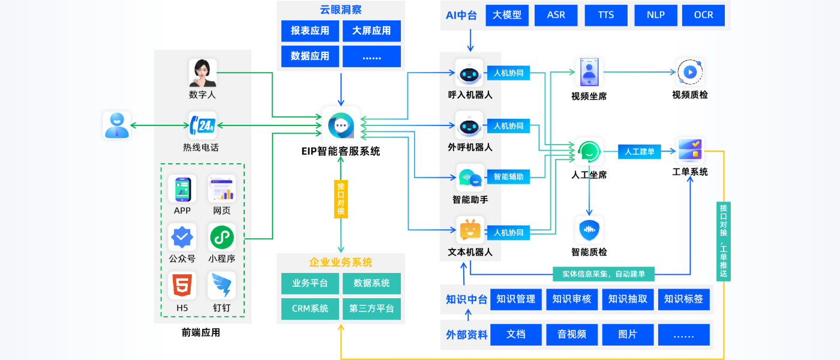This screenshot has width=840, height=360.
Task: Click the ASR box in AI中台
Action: point(556,16)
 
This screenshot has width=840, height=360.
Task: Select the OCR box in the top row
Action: point(703,16)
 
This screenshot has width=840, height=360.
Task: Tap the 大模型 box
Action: point(507,16)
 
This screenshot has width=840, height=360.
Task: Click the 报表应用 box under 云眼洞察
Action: point(310,31)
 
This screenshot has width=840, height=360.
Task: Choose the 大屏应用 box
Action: point(371,31)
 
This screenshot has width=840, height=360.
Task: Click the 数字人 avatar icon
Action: point(202,73)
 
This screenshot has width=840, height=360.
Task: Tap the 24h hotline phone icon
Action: point(202,126)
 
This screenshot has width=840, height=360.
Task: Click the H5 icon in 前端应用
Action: point(182,286)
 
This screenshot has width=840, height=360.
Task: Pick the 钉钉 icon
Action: point(221,286)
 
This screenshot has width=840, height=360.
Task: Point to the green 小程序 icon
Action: point(221,238)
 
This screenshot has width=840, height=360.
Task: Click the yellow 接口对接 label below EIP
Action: point(341,199)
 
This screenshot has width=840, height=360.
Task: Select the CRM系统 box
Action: point(310,308)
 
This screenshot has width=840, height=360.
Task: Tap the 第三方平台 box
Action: point(371,308)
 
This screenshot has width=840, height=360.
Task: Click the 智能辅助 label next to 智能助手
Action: point(508,177)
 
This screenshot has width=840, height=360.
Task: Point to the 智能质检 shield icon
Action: point(589,230)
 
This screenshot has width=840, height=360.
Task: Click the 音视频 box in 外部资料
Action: point(572,334)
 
